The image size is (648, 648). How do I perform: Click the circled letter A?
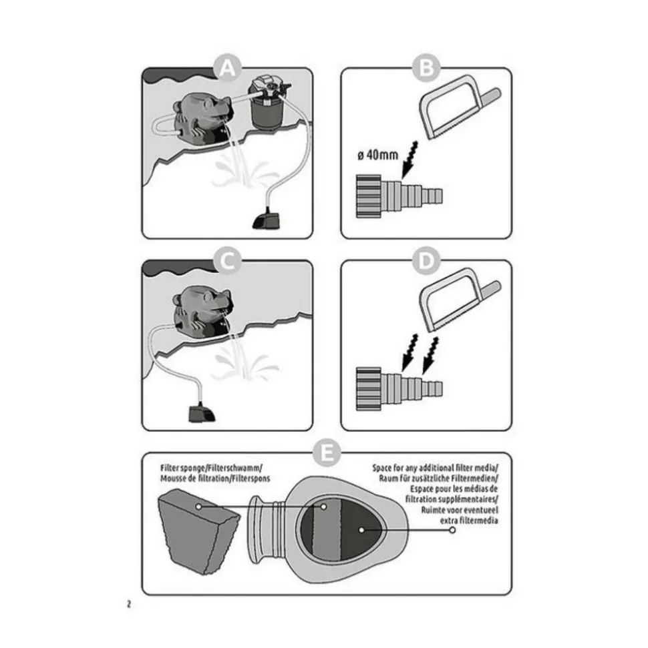coord(228,68)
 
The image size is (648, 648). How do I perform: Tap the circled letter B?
coord(426,68)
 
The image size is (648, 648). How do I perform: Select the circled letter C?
coord(228,261)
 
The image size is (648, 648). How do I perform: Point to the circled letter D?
coord(426,261)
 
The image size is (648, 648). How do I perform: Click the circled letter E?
coord(327,453)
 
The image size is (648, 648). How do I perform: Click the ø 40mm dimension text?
coord(378,155)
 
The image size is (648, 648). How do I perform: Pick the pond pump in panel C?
coord(202,412)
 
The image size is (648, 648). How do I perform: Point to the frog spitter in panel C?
coord(203,311)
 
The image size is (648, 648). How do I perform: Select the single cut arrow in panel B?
coord(410,159)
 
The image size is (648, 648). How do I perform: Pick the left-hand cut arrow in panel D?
coord(410,352)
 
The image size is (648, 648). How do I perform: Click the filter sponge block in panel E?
coord(198,531)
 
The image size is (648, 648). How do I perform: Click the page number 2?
coord(129,604)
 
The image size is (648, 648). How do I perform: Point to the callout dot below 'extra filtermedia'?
coord(452,530)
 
